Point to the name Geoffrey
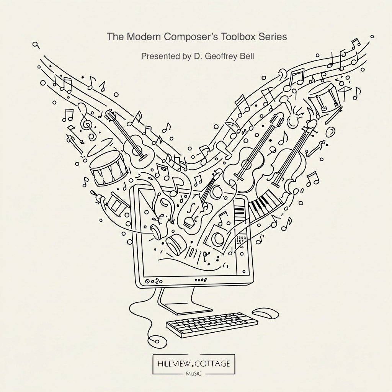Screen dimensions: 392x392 click(221, 56)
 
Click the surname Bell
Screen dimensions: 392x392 click(247, 56)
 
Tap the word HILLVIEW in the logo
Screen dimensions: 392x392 click(170, 363)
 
